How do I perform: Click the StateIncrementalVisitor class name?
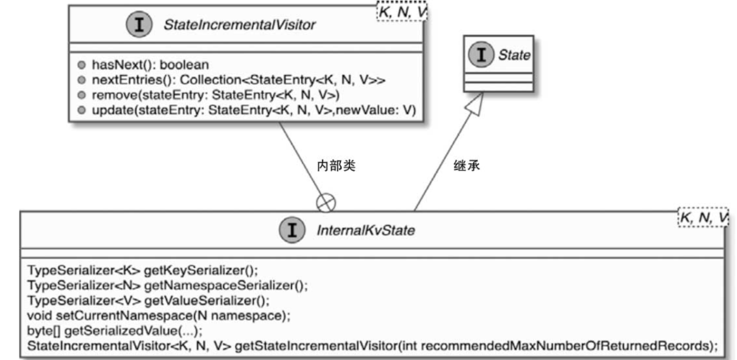(239, 24)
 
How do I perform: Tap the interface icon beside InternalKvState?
(292, 231)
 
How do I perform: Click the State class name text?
(514, 55)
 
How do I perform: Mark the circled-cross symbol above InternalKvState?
(325, 203)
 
